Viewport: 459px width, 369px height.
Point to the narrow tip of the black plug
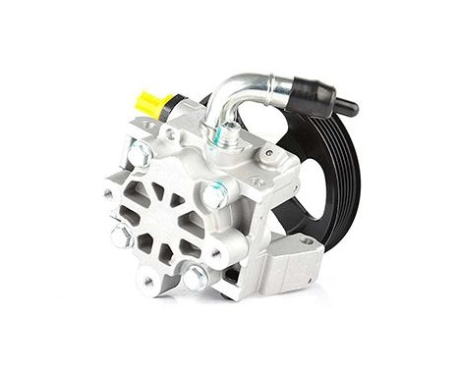pyautogui.click(x=347, y=107)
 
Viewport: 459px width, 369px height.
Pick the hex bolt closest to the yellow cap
pyautogui.click(x=140, y=152)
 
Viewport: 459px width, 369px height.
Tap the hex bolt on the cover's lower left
pyautogui.click(x=122, y=236)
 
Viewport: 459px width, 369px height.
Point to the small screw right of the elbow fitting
pyautogui.click(x=266, y=154)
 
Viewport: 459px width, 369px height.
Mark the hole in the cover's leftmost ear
pyautogui.click(x=108, y=193)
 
